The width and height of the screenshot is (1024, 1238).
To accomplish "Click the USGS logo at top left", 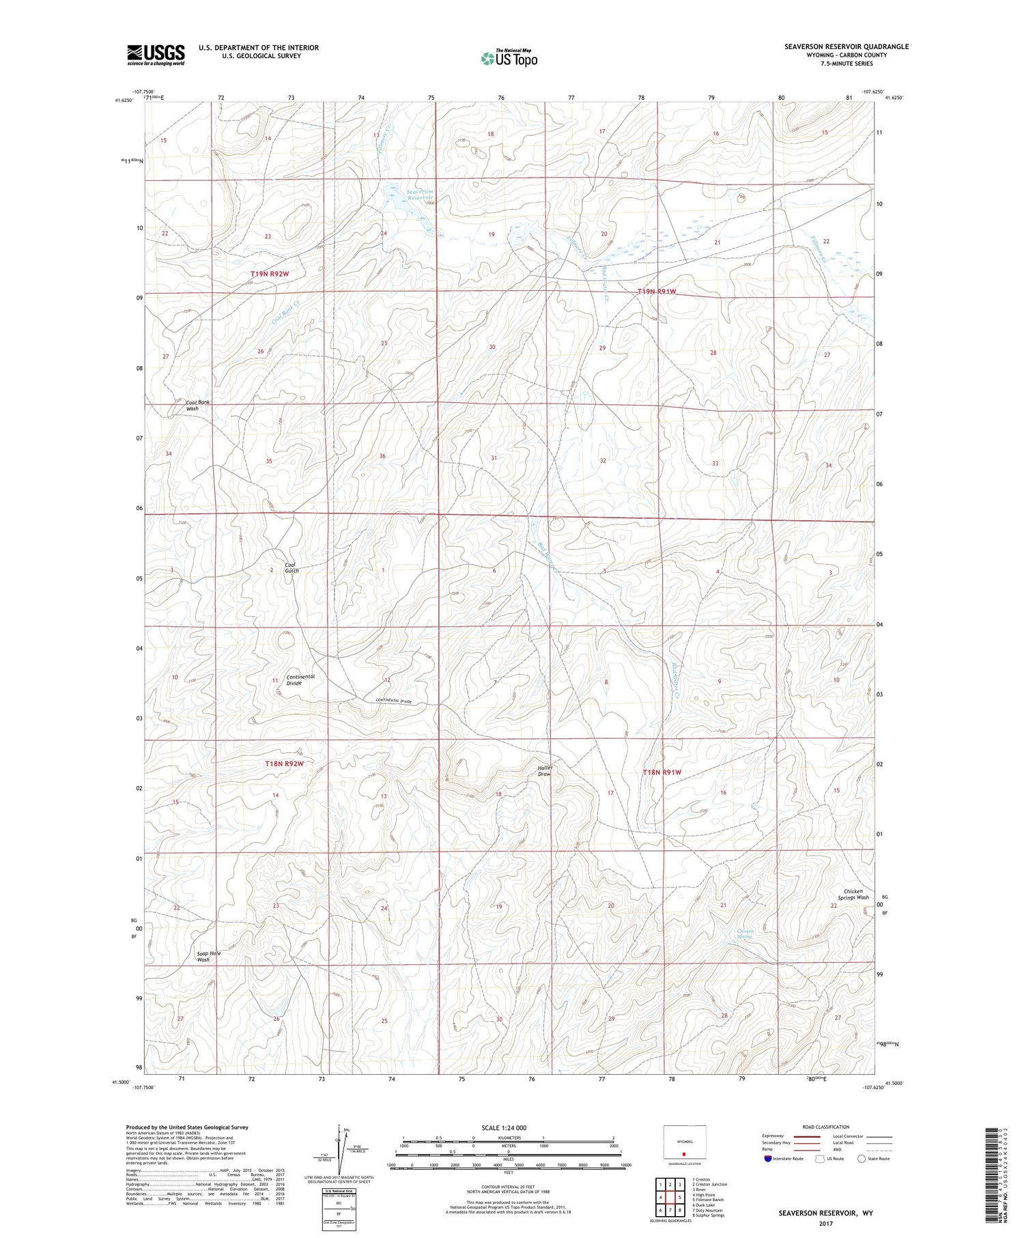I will click(x=156, y=55).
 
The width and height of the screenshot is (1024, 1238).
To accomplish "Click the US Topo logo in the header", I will click(x=509, y=59).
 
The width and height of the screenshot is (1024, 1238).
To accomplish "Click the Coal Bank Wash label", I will click(x=198, y=406).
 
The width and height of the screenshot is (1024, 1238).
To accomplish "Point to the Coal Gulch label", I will click(x=292, y=567).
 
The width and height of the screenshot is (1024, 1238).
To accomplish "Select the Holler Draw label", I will click(x=545, y=771).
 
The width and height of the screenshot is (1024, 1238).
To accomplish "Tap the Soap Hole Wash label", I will click(x=209, y=956).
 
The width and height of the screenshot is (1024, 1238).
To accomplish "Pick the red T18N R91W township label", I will click(x=662, y=772).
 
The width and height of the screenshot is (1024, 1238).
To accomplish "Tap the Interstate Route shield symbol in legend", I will click(x=768, y=1159).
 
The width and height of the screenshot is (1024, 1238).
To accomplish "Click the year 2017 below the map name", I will click(x=826, y=1224).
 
